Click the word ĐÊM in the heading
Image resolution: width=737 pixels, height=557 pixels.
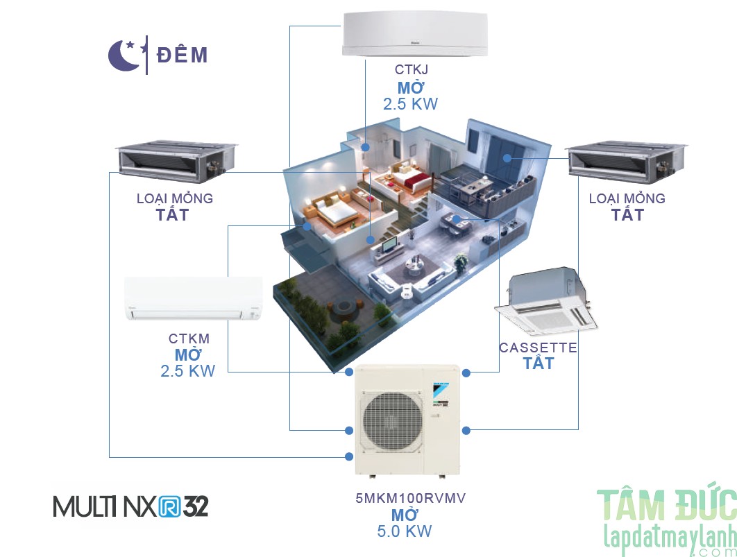[x=182, y=55]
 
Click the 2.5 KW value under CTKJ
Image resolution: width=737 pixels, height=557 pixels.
[x=410, y=104]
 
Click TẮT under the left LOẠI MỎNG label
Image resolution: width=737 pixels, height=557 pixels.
[x=172, y=214]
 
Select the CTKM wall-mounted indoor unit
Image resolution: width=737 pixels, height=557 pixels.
[x=193, y=299]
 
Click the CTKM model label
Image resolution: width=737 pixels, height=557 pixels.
[x=189, y=339]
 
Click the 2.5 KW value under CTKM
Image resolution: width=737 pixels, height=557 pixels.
[x=187, y=371]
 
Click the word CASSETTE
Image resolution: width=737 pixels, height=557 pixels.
[x=538, y=347]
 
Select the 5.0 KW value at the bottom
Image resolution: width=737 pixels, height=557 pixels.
[x=405, y=531]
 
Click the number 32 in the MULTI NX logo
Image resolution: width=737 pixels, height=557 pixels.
[x=196, y=506]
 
